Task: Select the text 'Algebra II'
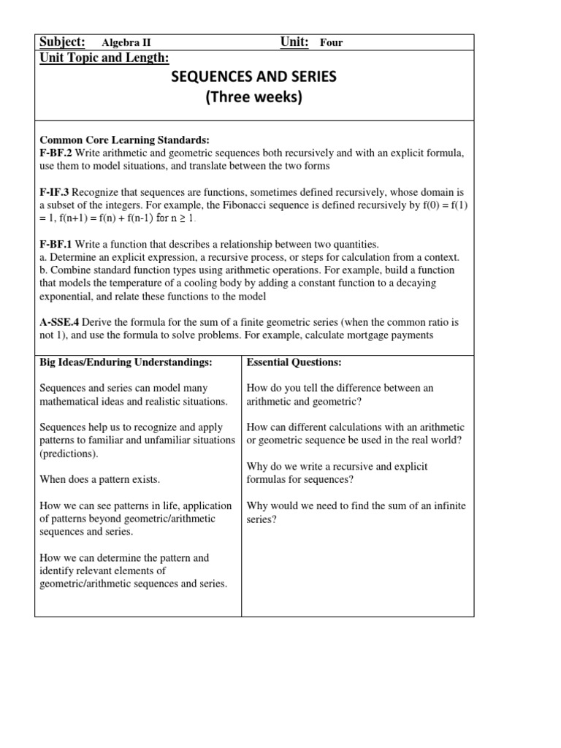(x=126, y=43)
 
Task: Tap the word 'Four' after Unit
(x=331, y=43)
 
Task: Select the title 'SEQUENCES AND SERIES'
(x=253, y=77)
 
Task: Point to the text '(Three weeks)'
(x=253, y=99)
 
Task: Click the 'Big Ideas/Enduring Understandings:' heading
(x=126, y=362)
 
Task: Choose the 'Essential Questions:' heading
(x=294, y=362)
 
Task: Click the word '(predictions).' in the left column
(x=69, y=454)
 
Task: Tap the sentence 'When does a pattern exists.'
(x=99, y=479)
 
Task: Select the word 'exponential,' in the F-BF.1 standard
(x=68, y=297)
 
